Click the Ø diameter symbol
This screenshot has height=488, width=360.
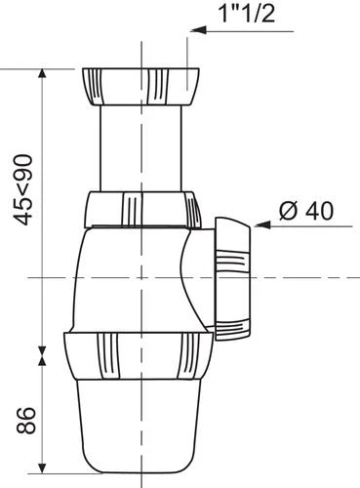pos(287,210)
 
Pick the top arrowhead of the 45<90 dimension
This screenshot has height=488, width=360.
pos(43,76)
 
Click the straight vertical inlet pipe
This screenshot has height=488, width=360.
pos(141,146)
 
